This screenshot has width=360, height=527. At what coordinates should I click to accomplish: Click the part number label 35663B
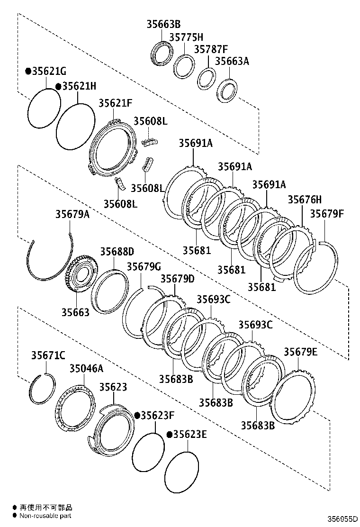point(163,24)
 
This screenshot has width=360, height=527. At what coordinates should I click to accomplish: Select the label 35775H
point(186,37)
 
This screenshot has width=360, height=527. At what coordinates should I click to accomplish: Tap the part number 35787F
point(211,49)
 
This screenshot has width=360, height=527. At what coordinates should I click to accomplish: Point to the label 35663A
point(232,61)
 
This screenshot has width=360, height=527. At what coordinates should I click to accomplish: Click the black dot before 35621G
point(28,71)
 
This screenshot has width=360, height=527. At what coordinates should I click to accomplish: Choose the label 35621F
point(115,103)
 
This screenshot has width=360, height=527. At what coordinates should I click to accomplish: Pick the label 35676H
point(305,200)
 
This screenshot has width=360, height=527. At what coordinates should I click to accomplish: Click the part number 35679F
point(327,214)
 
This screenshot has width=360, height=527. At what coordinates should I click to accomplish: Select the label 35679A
point(72,214)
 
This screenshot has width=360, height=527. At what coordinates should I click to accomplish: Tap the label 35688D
point(117,251)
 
